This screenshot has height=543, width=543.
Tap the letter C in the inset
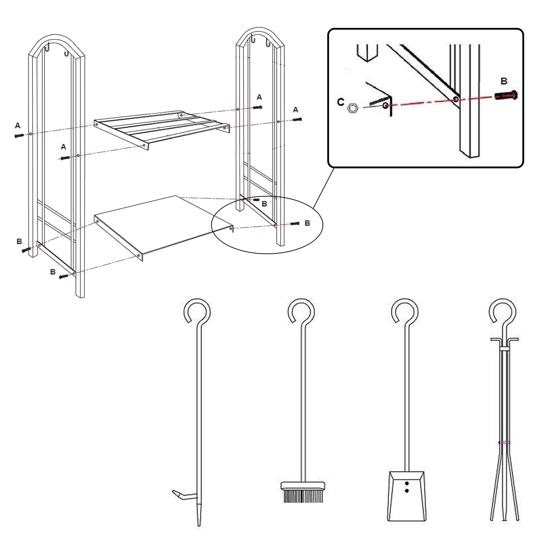point(340,102)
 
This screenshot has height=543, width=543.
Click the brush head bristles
point(303,496)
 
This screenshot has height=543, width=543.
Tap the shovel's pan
point(406,496)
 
